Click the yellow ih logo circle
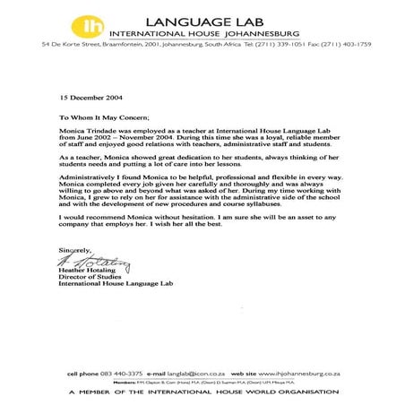tap(116, 23)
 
